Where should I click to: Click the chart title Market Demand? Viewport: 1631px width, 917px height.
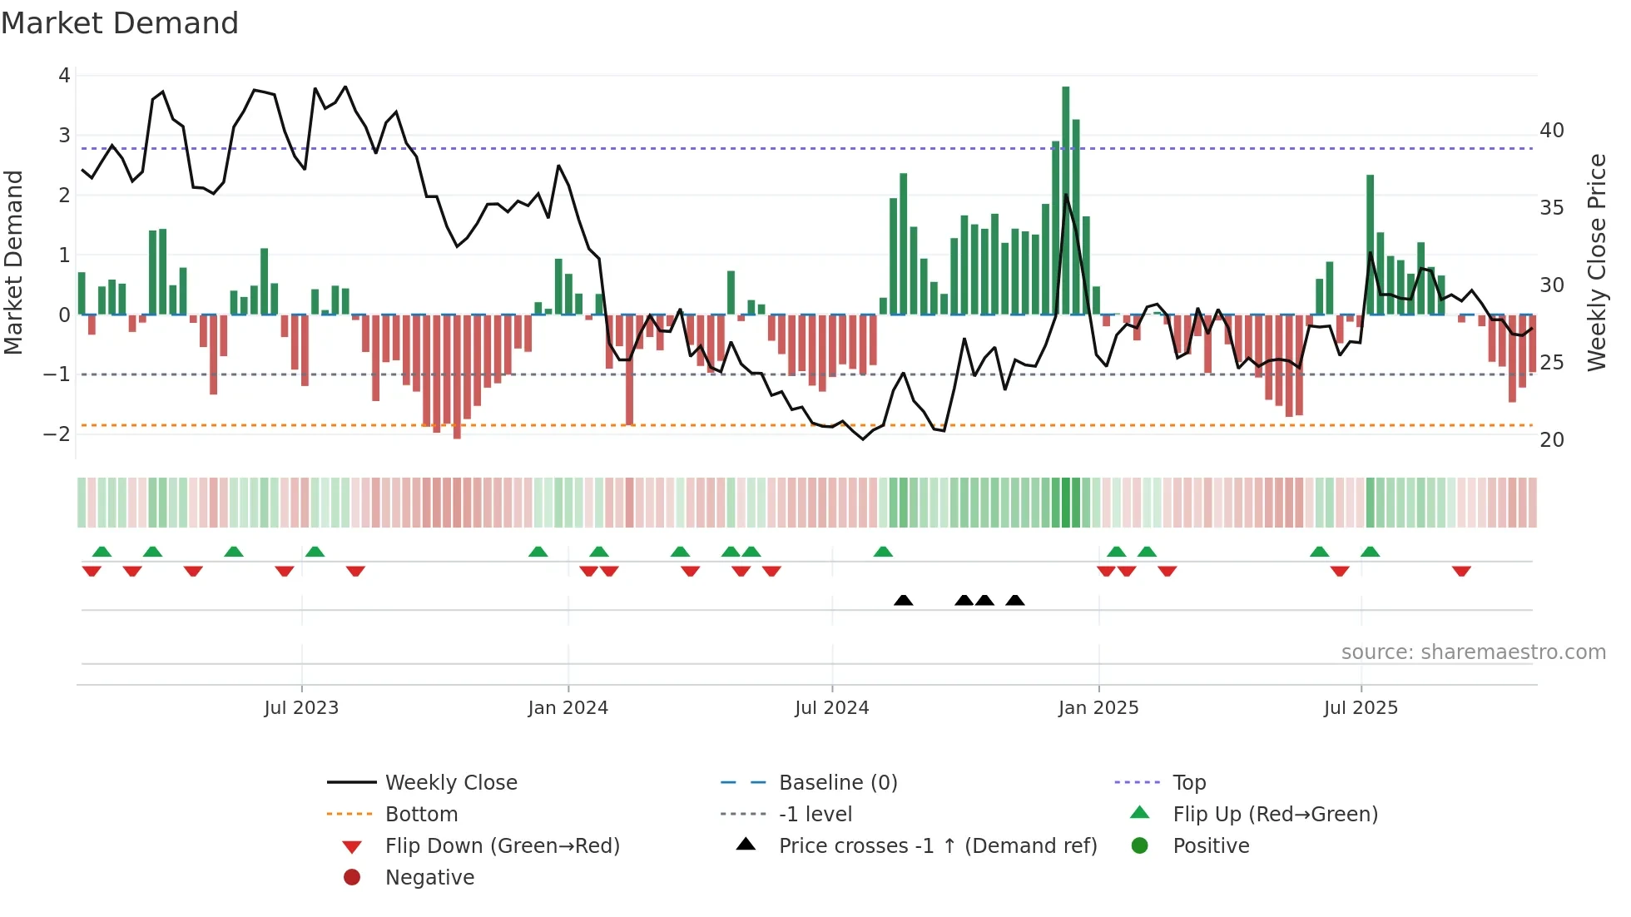(x=120, y=23)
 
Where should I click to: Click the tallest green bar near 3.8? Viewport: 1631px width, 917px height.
(x=1065, y=200)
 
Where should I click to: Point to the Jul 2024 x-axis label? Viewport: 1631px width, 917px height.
(x=831, y=708)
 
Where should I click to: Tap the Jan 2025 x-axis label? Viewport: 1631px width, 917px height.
(x=1098, y=708)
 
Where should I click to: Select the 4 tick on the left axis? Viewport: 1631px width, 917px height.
(x=64, y=76)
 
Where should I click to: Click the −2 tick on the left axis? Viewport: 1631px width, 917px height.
(x=57, y=434)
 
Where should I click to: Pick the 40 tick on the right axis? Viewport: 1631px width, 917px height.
(x=1551, y=131)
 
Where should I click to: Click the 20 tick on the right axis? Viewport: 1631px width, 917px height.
(x=1551, y=440)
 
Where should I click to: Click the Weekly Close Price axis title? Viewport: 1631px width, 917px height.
(x=1596, y=262)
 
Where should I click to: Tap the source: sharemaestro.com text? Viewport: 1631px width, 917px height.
(x=1473, y=652)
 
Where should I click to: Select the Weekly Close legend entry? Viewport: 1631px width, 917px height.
(x=450, y=783)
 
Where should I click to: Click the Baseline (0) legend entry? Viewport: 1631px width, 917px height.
(x=837, y=783)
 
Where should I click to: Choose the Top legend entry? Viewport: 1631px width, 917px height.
(x=1188, y=783)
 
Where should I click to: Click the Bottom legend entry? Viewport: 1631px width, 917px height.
(x=421, y=815)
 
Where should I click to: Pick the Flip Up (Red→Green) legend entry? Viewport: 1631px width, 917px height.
(x=1274, y=815)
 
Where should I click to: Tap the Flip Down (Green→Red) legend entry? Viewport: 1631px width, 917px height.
(x=502, y=846)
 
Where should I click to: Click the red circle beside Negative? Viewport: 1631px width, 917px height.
(x=352, y=878)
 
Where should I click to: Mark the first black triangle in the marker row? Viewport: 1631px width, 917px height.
(x=903, y=600)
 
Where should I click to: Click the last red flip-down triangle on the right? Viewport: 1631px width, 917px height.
(x=1461, y=571)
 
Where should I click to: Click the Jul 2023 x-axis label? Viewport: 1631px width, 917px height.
(x=301, y=708)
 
